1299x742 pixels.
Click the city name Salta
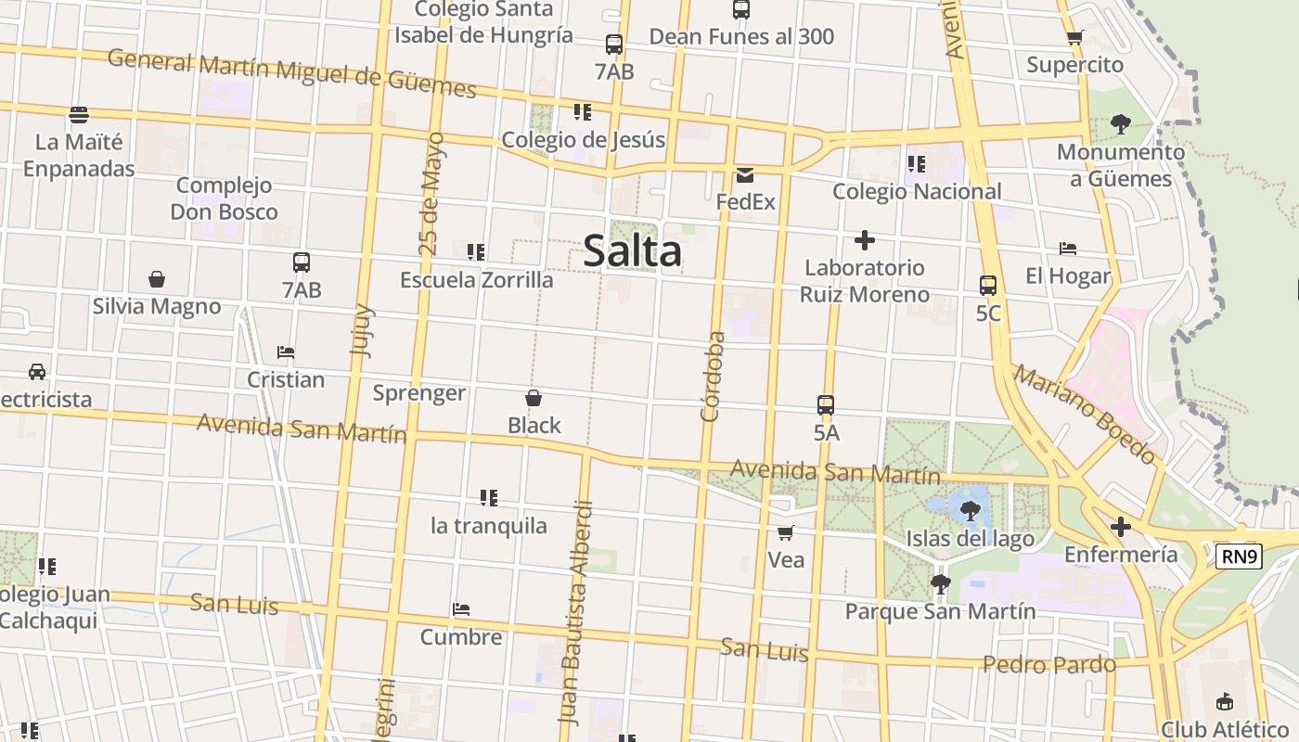click(x=633, y=251)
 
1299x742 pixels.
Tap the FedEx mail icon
click(x=745, y=175)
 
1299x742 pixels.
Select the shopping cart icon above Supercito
click(x=1074, y=38)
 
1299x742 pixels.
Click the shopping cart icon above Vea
click(x=786, y=532)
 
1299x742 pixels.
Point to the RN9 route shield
click(x=1239, y=556)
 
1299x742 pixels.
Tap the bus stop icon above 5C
click(x=988, y=286)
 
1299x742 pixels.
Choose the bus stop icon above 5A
click(x=826, y=405)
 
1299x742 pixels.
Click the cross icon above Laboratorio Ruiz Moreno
click(x=865, y=241)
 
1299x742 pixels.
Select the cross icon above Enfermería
click(x=1121, y=528)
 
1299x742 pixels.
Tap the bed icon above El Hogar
click(x=1068, y=249)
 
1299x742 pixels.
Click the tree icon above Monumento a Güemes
click(x=1121, y=123)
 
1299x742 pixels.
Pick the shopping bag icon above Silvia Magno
click(x=157, y=279)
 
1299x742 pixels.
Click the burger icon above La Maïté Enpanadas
click(x=79, y=115)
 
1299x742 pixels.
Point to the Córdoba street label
click(x=713, y=377)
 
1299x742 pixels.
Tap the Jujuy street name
click(x=362, y=330)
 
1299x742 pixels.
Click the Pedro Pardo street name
click(x=1048, y=665)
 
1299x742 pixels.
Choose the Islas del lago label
click(x=970, y=539)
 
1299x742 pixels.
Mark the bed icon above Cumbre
click(x=461, y=609)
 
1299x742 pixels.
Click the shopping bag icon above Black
click(x=534, y=398)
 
